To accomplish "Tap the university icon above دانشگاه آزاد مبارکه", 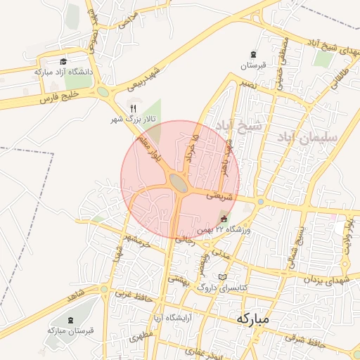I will pos(63,62).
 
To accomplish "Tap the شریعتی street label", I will pos(219,197).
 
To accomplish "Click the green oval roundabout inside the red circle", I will pos(179,183).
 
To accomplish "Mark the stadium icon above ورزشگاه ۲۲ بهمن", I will pos(224,219).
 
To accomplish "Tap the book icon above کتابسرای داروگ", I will pos(223,276).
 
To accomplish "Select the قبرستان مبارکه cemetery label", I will pos(66,329).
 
